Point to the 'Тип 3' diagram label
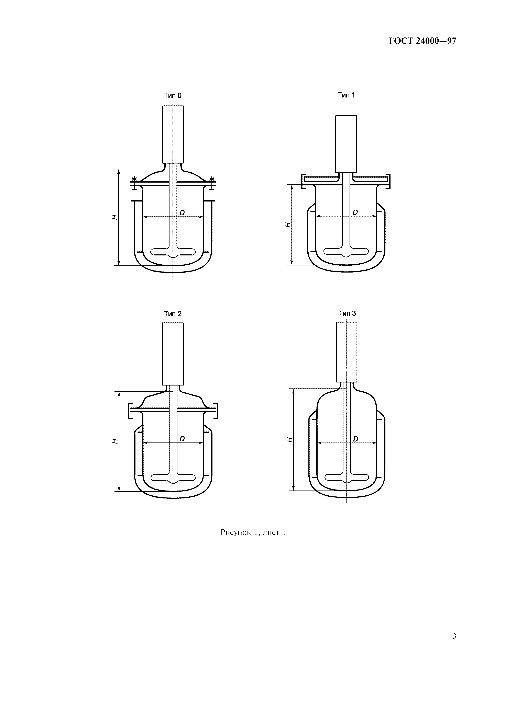click(347, 313)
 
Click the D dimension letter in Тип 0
click(182, 213)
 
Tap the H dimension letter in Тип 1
click(288, 224)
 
